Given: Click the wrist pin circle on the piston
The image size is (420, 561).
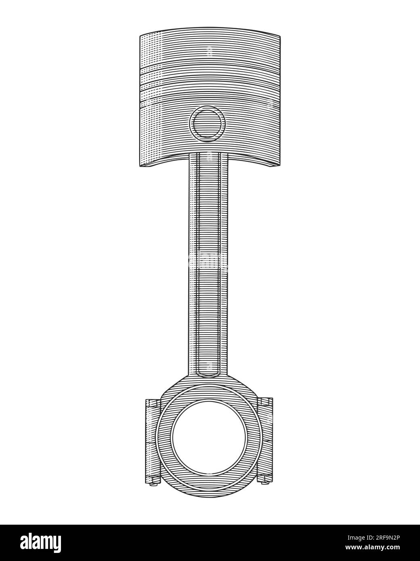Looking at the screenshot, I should coord(207,124).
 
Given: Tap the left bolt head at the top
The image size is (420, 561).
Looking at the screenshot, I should coord(152,402).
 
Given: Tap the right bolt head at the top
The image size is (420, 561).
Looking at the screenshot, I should coord(265,402).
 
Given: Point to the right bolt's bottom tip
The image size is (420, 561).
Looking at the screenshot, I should coord(265,480).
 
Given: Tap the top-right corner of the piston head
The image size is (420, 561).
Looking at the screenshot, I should coord(280,36).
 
